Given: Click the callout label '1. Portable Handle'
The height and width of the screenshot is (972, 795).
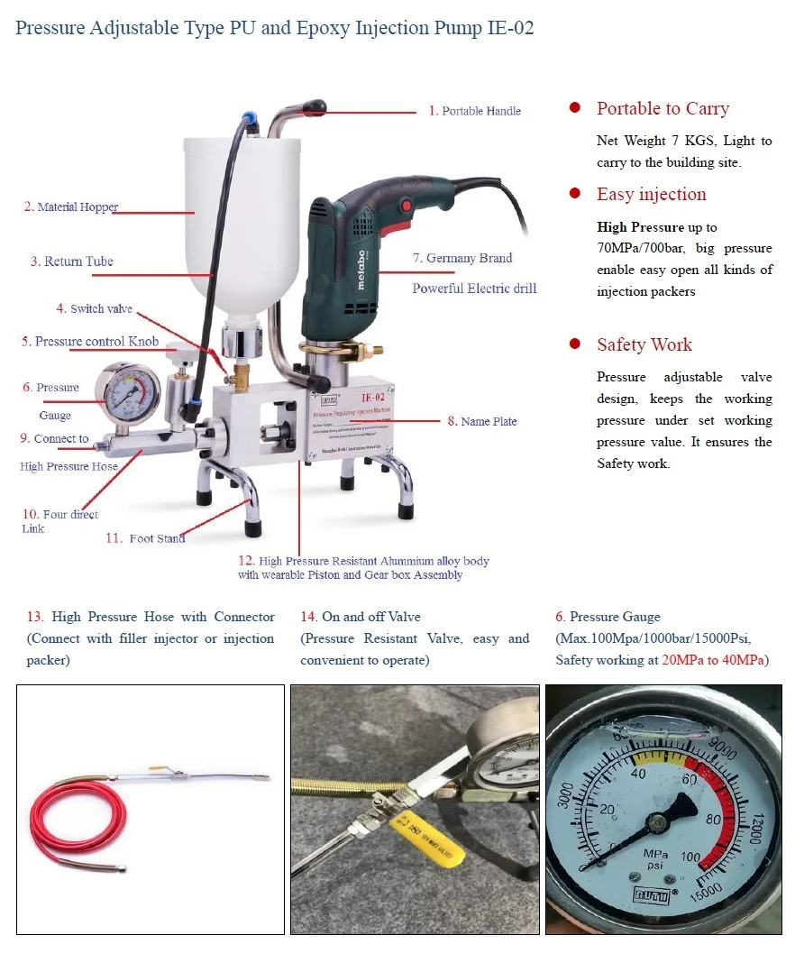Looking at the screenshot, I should tap(475, 111).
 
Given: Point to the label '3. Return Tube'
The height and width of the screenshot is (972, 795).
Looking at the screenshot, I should tap(72, 261).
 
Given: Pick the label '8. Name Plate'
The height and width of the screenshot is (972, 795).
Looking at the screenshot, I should tap(482, 421).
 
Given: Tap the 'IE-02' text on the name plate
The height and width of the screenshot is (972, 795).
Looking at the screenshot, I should tap(373, 398).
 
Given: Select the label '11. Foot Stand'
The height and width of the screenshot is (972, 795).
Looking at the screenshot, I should tap(145, 538).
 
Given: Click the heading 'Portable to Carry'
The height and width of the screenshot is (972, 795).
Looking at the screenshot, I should tap(662, 109).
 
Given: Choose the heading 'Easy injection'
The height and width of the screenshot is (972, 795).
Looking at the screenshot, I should tap(651, 195).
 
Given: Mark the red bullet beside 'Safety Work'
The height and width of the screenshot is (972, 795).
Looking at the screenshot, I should tap(574, 344).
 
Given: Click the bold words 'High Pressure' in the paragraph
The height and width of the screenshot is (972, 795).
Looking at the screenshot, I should tap(640, 227).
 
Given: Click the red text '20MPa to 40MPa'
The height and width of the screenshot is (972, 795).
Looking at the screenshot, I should tap(713, 660).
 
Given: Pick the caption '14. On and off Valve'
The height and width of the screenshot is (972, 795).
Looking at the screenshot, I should tap(361, 617).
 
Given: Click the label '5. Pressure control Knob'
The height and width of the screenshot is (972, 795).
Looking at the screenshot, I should tap(90, 342).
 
